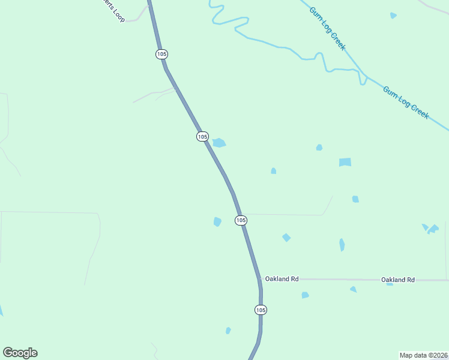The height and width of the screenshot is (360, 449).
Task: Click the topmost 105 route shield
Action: (x=161, y=54)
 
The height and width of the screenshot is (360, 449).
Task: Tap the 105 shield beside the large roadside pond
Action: (x=202, y=137)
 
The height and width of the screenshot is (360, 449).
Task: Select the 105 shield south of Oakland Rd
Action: (x=260, y=310)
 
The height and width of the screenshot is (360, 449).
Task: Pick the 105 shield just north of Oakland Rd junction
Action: (x=241, y=220)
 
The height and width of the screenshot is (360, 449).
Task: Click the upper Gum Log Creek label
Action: (x=327, y=28)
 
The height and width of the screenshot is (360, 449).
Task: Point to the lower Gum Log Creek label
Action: (x=406, y=102)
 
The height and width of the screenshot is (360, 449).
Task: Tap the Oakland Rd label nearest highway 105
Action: (x=282, y=279)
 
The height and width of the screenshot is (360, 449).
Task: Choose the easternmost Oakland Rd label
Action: (x=398, y=280)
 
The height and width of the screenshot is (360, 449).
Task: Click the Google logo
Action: (x=20, y=353)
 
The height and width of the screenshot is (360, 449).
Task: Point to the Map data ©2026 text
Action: (x=423, y=355)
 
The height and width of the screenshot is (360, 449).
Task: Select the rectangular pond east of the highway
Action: (x=345, y=162)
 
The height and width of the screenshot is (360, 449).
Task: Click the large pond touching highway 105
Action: (x=219, y=143)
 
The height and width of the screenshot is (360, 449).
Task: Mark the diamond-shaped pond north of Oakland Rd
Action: (x=286, y=238)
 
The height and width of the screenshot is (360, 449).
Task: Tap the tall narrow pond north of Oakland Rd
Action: (x=342, y=245)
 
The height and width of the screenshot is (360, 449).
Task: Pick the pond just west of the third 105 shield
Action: (x=217, y=221)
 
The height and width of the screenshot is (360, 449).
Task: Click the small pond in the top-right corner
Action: (x=393, y=16)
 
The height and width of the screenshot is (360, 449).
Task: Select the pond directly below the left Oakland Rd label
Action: (x=305, y=295)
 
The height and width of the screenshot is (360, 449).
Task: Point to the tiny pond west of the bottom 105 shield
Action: (x=228, y=331)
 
